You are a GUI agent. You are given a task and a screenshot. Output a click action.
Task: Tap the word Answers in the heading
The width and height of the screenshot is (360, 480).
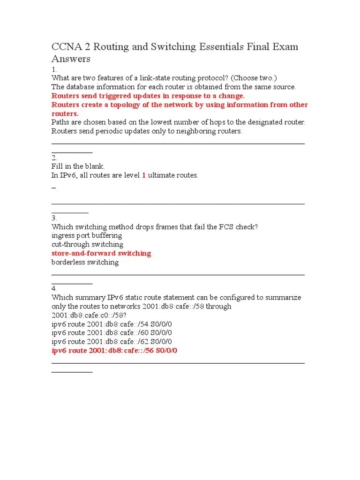tap(70, 59)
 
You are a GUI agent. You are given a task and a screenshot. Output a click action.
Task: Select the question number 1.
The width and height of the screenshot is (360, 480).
tap(53, 69)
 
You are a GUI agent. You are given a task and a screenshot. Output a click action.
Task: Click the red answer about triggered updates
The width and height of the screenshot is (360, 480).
tap(148, 96)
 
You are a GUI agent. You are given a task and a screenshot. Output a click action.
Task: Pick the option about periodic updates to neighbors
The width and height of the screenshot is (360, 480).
tap(147, 131)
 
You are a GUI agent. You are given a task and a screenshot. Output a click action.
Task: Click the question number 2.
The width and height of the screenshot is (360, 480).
tap(54, 157)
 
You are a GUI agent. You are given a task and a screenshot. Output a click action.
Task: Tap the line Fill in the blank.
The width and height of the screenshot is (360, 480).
tap(78, 166)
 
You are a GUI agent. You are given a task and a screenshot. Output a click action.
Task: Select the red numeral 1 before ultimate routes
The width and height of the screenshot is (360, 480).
tap(144, 175)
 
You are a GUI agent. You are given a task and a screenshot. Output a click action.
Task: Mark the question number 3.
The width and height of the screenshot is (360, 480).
tap(54, 218)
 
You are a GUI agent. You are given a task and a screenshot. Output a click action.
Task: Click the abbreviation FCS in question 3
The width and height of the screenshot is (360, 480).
tap(226, 227)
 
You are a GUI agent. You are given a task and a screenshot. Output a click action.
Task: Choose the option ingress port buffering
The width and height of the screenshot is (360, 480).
tap(87, 235)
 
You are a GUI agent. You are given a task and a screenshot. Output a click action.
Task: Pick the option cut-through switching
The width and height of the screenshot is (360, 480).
tap(87, 244)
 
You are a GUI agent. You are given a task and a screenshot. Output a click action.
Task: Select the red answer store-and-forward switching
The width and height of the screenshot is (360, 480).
tap(101, 253)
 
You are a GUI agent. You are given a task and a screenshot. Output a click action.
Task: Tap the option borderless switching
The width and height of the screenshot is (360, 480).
tap(85, 262)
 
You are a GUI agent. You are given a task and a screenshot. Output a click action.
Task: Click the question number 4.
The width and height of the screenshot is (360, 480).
tap(54, 288)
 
